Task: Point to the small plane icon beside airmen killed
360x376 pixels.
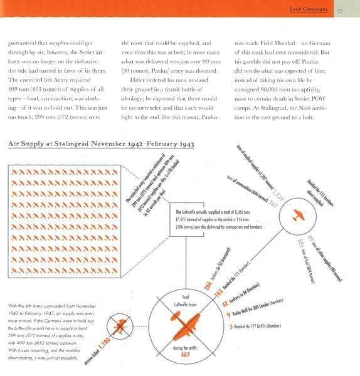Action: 119,325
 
